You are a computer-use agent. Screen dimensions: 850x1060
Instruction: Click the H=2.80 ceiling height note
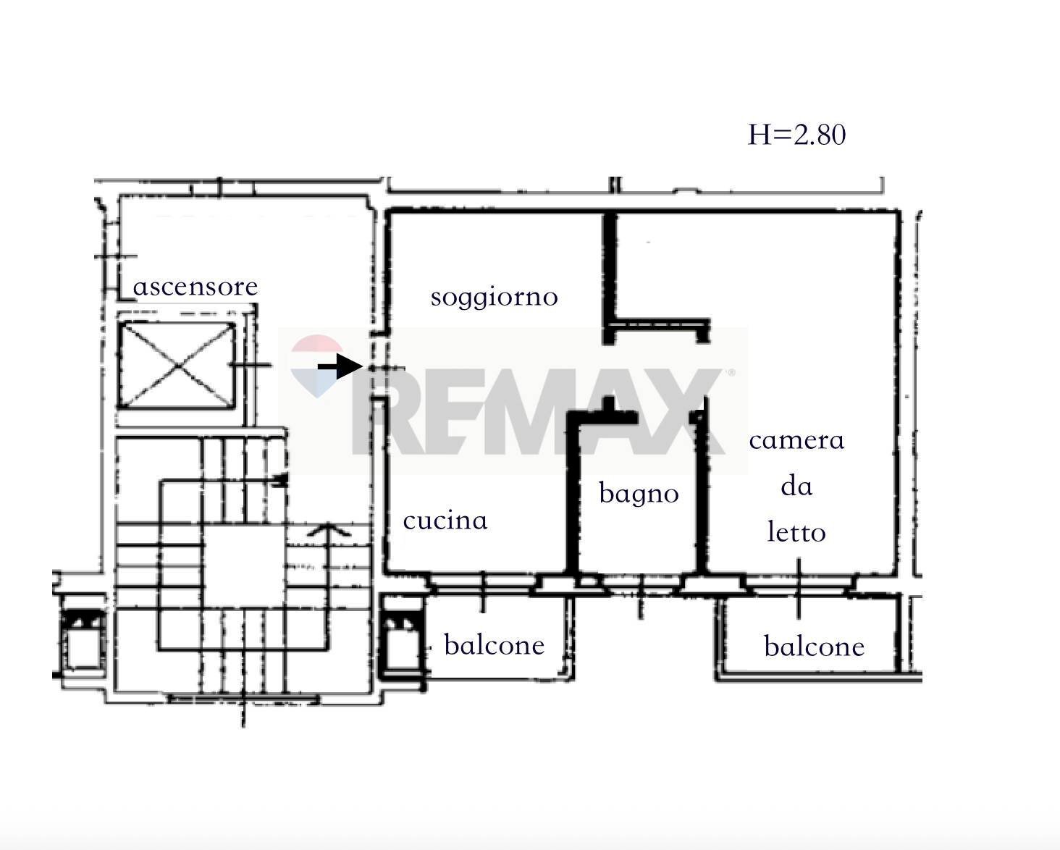coord(796,135)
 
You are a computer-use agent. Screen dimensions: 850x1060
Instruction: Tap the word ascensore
coord(195,287)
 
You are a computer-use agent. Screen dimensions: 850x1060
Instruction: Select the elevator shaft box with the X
coord(177,364)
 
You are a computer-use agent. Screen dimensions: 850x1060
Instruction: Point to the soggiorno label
coord(494,297)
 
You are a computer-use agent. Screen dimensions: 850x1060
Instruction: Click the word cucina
coord(445,521)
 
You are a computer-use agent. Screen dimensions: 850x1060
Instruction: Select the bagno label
coord(639,494)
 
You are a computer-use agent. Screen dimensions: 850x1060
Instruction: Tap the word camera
coord(796,440)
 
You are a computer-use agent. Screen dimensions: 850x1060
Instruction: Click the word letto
coord(796,533)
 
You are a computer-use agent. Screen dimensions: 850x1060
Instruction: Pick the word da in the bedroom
coord(796,487)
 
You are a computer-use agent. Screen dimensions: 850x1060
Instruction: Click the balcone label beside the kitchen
coord(494,644)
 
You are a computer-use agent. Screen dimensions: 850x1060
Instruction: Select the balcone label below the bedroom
coord(814,646)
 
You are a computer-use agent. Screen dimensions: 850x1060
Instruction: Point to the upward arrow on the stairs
coord(329,531)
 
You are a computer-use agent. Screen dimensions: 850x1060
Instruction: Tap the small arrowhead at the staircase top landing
coord(281,479)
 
